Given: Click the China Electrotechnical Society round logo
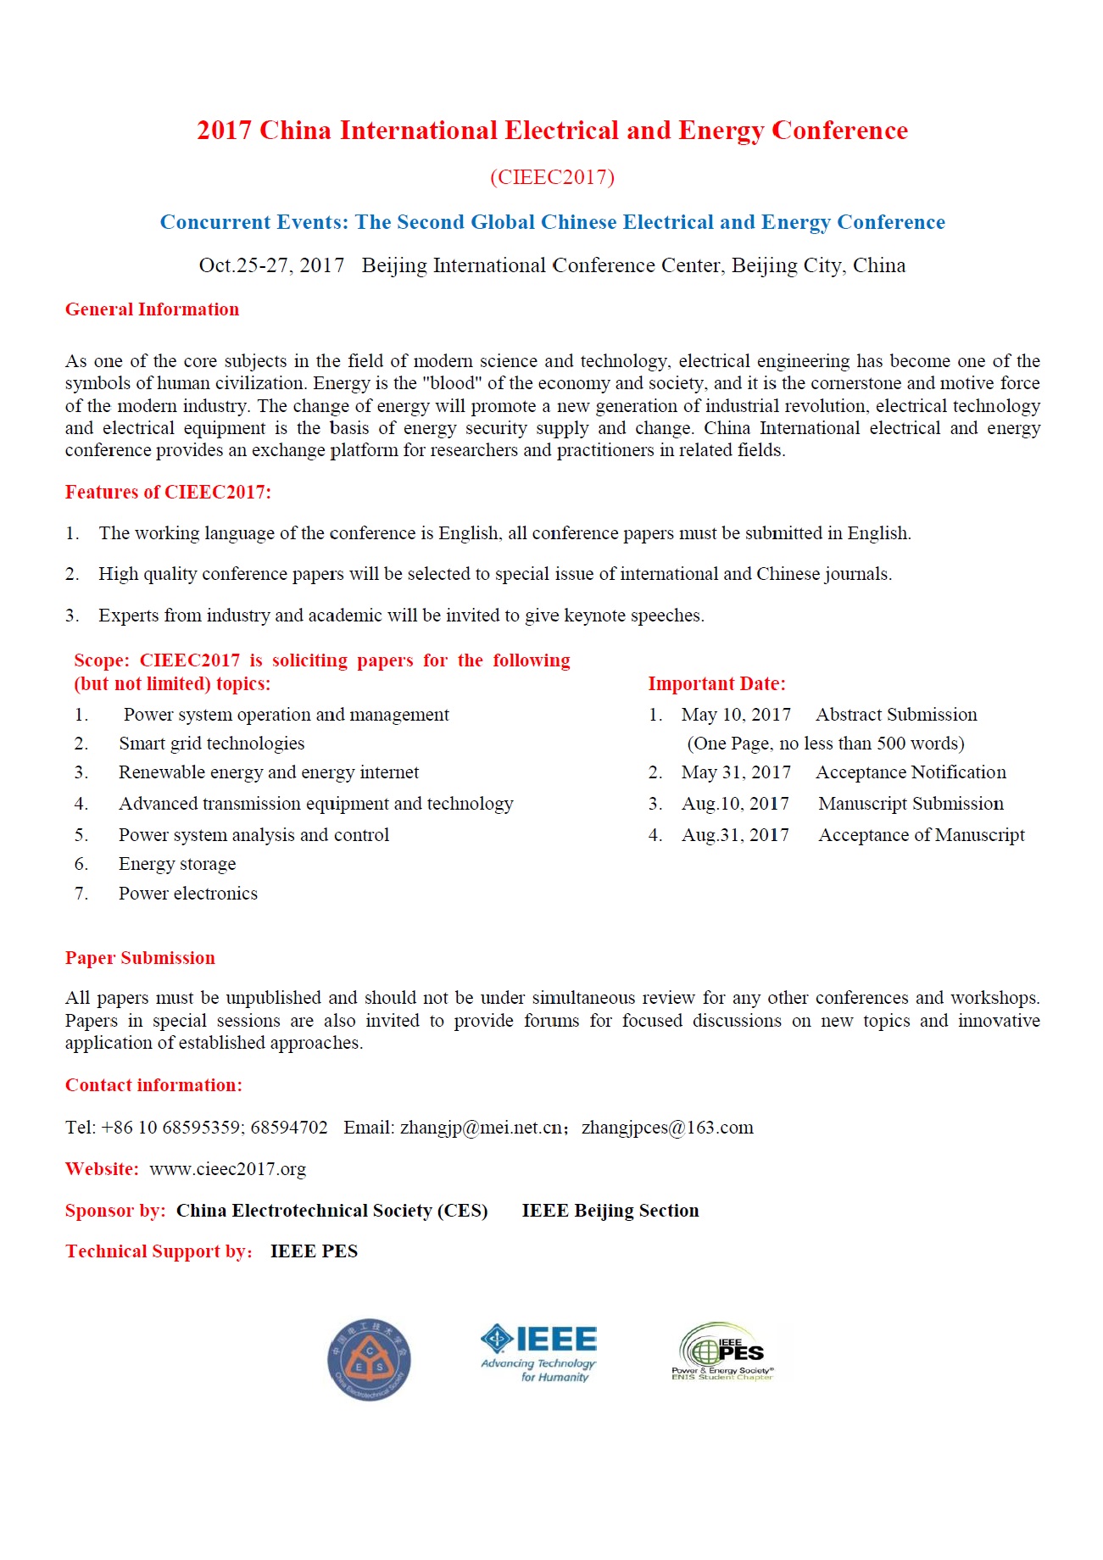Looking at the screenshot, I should [x=369, y=1359].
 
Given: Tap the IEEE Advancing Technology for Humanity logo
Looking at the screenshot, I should [x=539, y=1354].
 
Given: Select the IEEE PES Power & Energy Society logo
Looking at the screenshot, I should [x=723, y=1352].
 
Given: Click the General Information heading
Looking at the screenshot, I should [x=152, y=309].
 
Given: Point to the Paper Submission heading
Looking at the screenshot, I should [x=140, y=958].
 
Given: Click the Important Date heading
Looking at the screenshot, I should [x=716, y=684].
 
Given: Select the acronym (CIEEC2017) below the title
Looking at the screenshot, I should [x=552, y=177].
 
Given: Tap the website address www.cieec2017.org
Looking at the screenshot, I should [x=227, y=1169].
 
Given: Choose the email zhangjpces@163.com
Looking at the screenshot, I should [x=667, y=1128].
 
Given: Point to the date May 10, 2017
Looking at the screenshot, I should [x=736, y=715].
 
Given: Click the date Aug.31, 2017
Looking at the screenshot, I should [x=735, y=835].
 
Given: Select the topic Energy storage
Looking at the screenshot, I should [x=177, y=864].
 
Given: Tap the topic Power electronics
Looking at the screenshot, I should [x=188, y=894].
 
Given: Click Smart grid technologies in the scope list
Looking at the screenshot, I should [x=211, y=744].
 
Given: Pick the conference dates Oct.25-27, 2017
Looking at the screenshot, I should [x=271, y=265].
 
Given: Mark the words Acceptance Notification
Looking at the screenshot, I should [x=911, y=772].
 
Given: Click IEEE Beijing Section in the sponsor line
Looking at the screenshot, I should [x=610, y=1211].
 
